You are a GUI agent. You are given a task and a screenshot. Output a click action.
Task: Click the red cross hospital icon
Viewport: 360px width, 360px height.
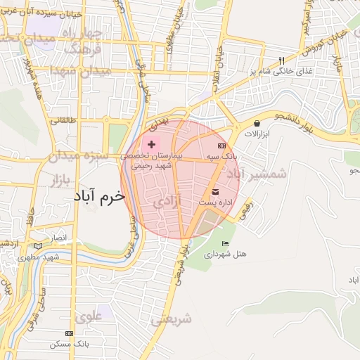(x=152, y=143)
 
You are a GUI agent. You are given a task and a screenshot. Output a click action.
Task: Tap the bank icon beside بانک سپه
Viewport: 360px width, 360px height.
(x=222, y=146)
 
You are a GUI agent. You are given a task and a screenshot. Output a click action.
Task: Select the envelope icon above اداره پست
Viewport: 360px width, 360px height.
(x=215, y=192)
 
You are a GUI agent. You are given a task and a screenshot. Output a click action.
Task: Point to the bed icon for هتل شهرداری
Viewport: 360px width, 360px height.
(x=224, y=243)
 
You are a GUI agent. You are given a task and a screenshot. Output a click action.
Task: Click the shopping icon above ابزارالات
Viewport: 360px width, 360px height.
(x=257, y=123)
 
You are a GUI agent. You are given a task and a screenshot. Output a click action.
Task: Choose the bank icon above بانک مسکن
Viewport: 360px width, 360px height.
(x=69, y=333)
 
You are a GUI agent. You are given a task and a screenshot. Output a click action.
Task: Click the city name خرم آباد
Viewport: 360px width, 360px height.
(x=98, y=198)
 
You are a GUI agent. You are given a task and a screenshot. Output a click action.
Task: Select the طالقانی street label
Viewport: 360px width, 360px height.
(x=65, y=120)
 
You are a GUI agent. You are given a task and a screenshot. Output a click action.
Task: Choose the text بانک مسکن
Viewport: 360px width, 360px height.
(x=69, y=344)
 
